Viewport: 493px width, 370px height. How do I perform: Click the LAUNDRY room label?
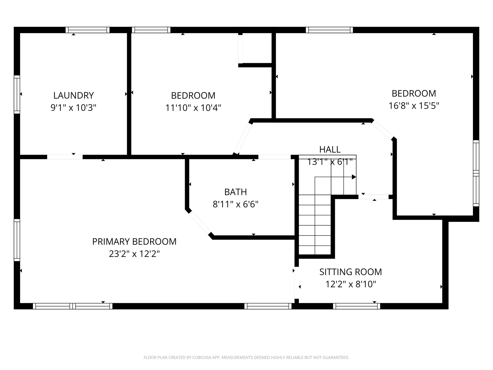pyautogui.click(x=73, y=95)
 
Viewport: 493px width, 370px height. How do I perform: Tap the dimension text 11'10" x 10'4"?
pyautogui.click(x=193, y=108)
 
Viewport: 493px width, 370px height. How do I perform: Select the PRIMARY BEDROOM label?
pyautogui.click(x=134, y=242)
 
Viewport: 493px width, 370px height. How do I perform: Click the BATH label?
pyautogui.click(x=235, y=192)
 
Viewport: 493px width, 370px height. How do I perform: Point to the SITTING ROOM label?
pyautogui.click(x=350, y=272)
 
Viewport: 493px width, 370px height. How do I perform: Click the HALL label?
pyautogui.click(x=330, y=149)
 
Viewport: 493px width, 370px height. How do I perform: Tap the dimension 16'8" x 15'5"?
pyautogui.click(x=414, y=106)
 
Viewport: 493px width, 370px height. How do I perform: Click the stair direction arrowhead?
pyautogui.click(x=354, y=177)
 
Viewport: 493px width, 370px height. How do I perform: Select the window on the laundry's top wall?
pyautogui.click(x=87, y=30)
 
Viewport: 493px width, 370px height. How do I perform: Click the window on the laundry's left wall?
pyautogui.click(x=17, y=94)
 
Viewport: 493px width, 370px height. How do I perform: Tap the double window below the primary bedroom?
pyautogui.click(x=73, y=306)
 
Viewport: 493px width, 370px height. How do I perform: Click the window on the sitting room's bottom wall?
pyautogui.click(x=356, y=306)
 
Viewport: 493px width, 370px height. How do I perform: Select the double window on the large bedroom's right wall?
pyautogui.click(x=476, y=173)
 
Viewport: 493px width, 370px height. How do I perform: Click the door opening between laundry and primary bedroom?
pyautogui.click(x=65, y=157)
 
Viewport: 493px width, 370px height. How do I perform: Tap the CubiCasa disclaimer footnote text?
pyautogui.click(x=246, y=357)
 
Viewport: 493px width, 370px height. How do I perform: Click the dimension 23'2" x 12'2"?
pyautogui.click(x=134, y=254)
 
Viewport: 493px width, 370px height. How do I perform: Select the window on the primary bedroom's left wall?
pyautogui.click(x=17, y=240)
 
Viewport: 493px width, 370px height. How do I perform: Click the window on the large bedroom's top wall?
pyautogui.click(x=329, y=30)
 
